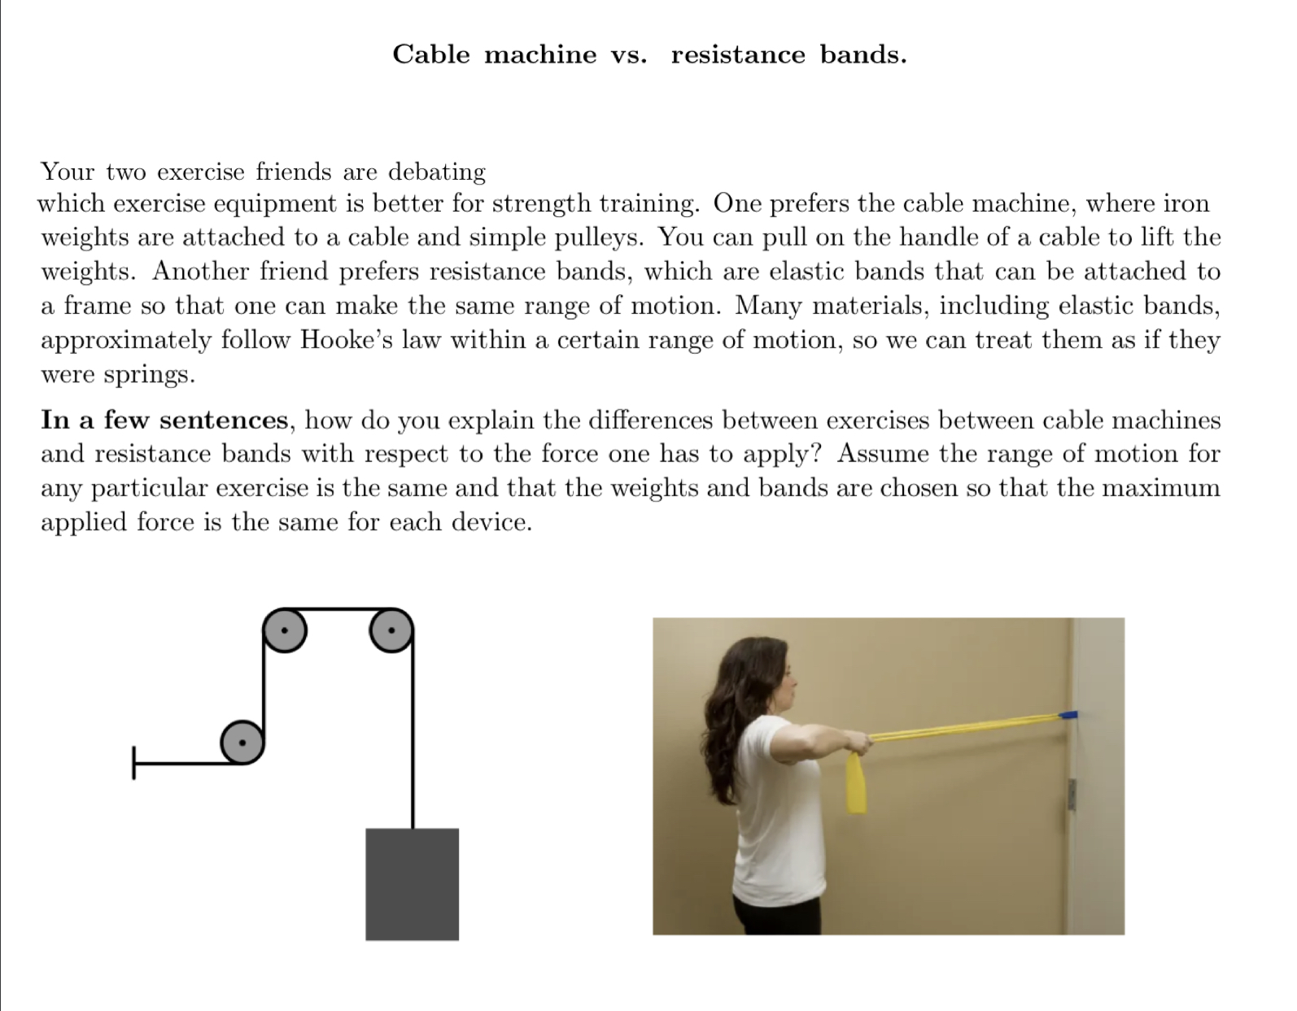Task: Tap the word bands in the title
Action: tap(862, 54)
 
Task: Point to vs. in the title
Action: tap(629, 54)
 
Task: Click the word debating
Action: tap(437, 172)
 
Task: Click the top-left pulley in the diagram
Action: tap(285, 630)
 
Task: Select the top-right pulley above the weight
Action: tap(391, 630)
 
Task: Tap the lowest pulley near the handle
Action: tap(242, 742)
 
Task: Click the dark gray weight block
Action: tap(412, 883)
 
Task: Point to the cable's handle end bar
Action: tap(134, 763)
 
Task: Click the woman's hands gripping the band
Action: tap(856, 742)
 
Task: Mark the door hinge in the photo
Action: tap(1072, 794)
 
